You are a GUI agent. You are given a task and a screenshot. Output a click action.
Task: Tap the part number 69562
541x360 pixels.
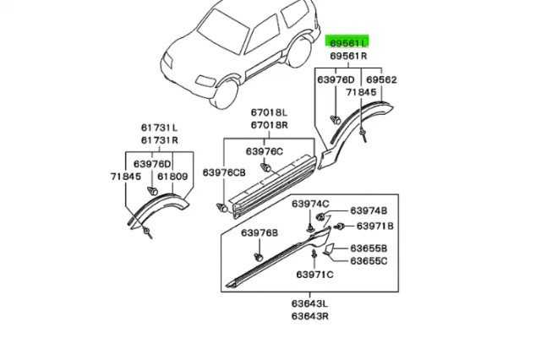point(380,80)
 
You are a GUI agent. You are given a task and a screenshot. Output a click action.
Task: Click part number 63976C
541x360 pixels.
point(265,151)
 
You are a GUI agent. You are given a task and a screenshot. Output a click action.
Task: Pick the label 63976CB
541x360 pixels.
point(222,172)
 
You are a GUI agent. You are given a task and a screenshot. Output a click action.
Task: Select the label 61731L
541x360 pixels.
point(159,128)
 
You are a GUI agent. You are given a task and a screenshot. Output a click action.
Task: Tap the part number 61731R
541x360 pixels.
point(159,140)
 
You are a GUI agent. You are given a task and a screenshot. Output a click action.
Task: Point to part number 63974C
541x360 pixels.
point(310,205)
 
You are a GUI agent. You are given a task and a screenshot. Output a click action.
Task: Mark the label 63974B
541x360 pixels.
point(369,210)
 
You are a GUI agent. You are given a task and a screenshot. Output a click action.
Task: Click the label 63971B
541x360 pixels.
point(374,226)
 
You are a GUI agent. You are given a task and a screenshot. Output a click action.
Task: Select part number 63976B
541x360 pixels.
point(259,232)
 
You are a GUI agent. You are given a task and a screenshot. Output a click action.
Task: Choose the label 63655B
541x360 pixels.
point(370,248)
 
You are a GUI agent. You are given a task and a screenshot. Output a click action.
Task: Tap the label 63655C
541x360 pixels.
point(370,261)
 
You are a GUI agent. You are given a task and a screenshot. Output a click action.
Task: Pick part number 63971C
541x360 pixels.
point(314,275)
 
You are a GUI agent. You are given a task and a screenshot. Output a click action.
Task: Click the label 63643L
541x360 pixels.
point(311,303)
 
